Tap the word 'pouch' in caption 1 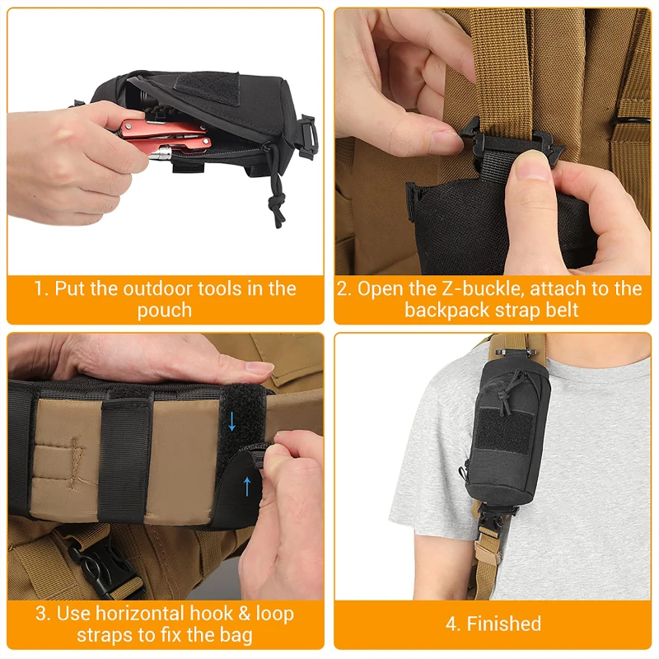pos(165,311)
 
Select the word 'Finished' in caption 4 pos(503,624)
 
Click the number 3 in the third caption pos(40,614)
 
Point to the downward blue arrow pos(232,421)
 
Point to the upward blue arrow pos(246,485)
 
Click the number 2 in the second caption pos(344,289)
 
